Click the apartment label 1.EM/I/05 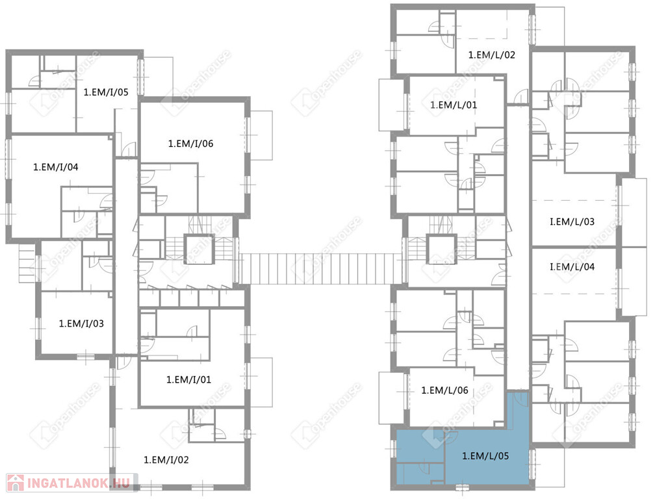[x=106, y=92]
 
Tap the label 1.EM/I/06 [x=190, y=144]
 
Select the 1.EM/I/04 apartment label [x=56, y=168]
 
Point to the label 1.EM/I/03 [x=81, y=324]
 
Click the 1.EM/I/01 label [x=189, y=380]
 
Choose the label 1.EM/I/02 [x=166, y=460]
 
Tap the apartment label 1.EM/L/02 [x=492, y=55]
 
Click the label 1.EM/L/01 [x=454, y=105]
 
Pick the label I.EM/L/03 [x=572, y=222]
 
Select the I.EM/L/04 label [x=572, y=267]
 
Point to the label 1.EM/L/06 [x=444, y=391]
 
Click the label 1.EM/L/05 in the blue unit [x=485, y=456]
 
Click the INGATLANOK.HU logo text [x=79, y=483]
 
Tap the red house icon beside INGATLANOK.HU [x=16, y=483]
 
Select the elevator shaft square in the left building [x=199, y=249]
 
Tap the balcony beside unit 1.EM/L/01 [x=391, y=105]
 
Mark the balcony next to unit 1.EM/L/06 [x=391, y=398]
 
